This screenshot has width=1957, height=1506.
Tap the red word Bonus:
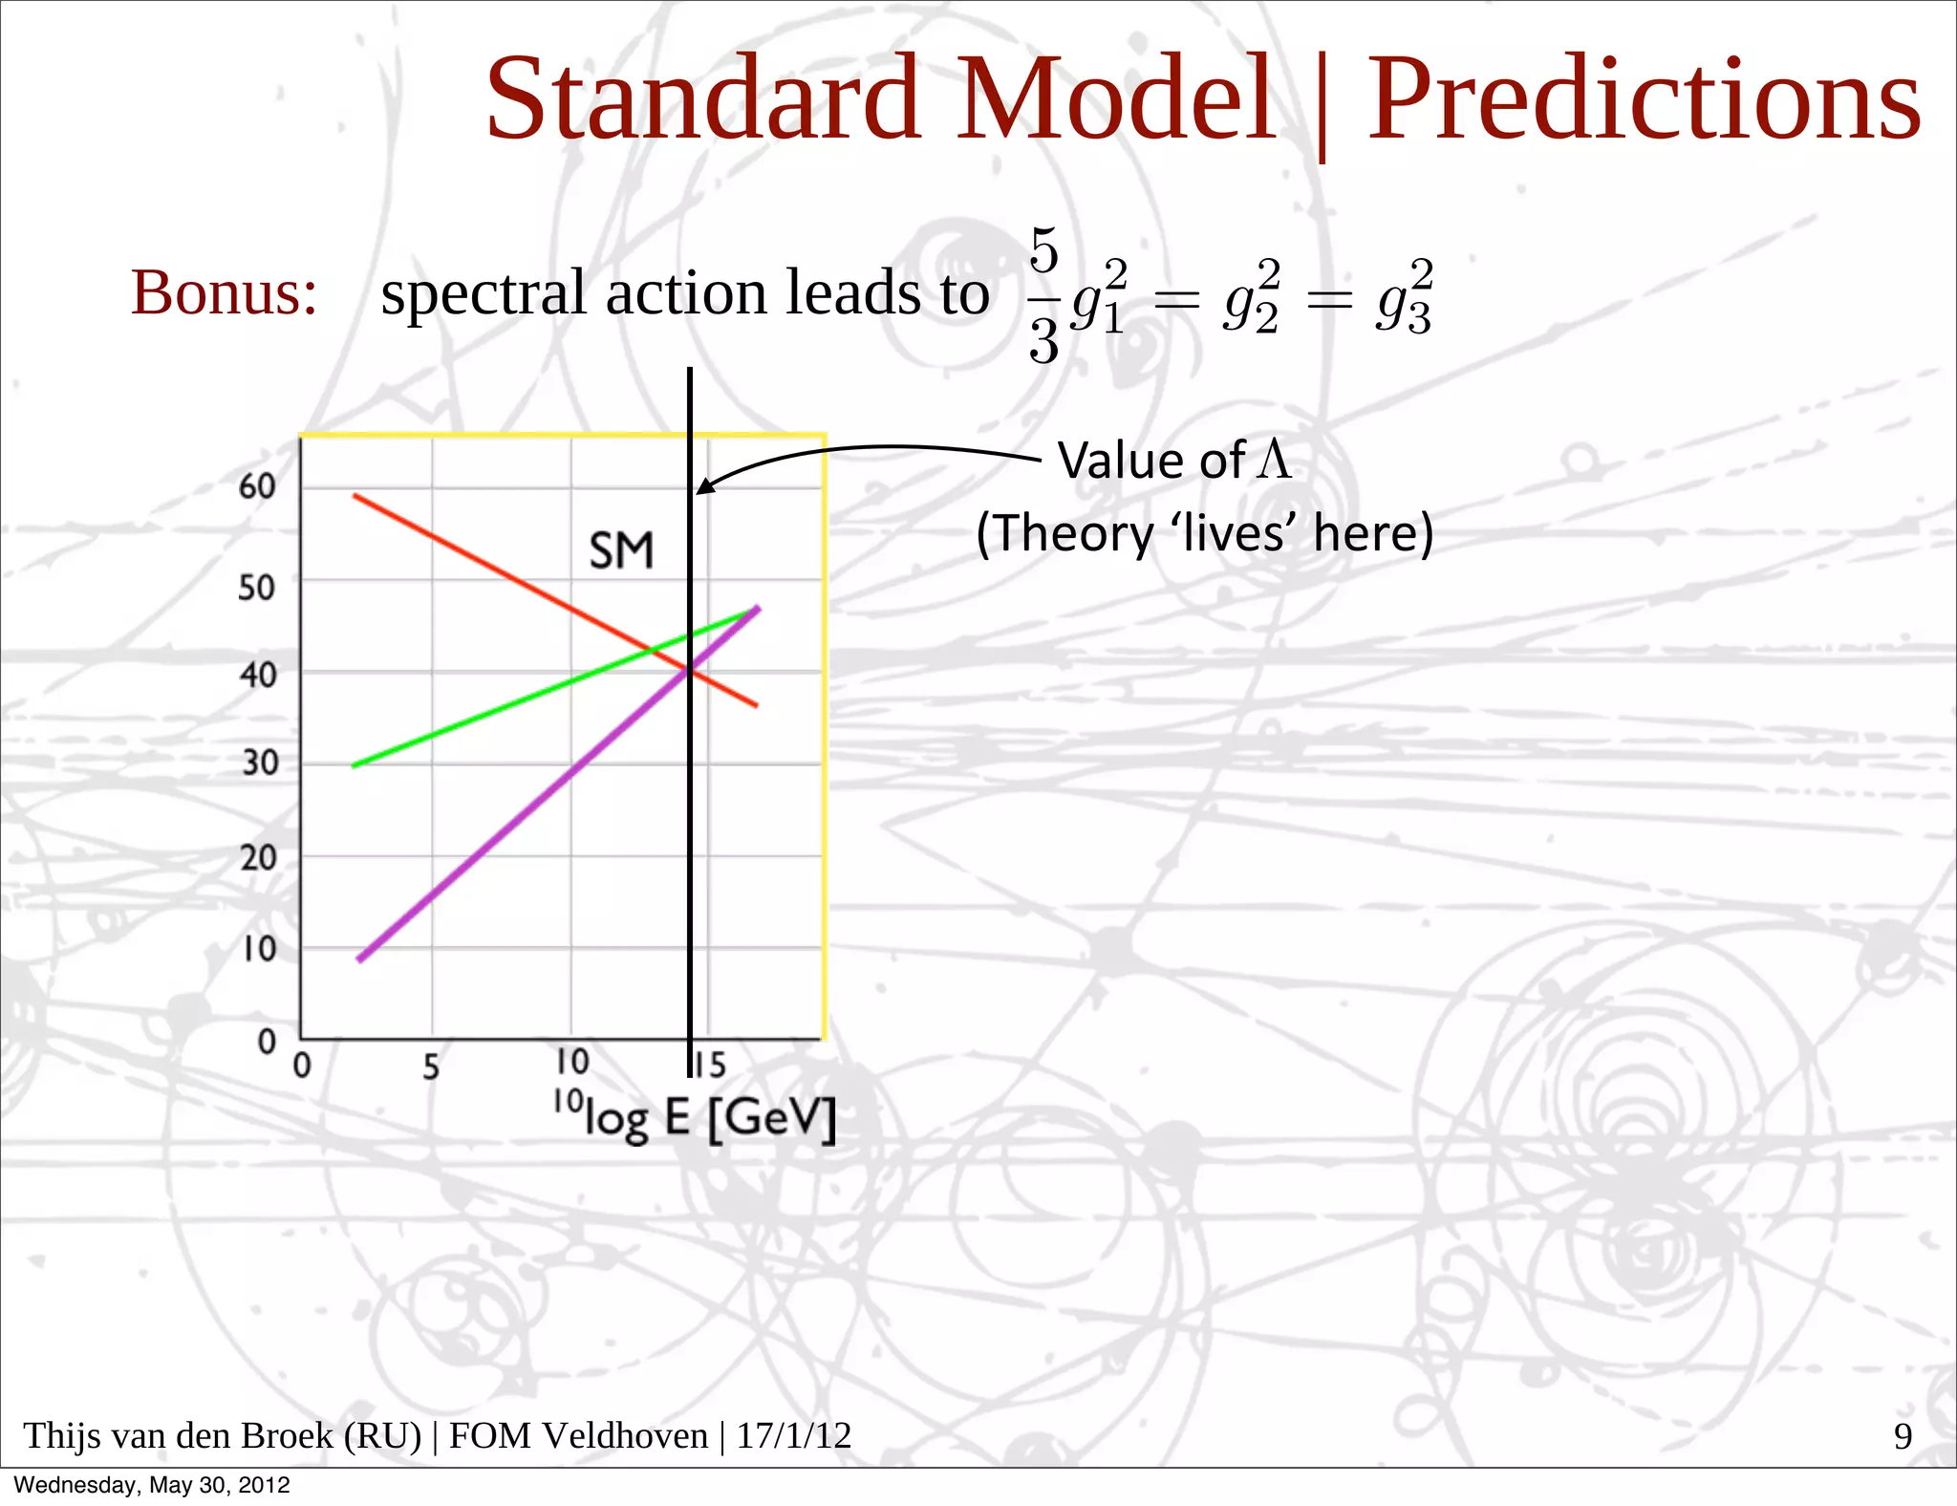224,292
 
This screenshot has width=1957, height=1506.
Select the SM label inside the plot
621,551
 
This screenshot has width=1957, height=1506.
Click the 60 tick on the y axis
257,486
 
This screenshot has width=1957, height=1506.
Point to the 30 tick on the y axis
259,763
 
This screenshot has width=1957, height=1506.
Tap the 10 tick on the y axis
258,949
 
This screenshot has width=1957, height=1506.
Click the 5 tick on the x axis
431,1065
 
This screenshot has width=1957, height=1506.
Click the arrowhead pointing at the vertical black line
705,486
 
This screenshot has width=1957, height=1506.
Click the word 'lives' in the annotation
1233,533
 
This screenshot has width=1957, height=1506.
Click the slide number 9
1903,1436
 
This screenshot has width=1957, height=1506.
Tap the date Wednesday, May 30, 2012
152,1485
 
